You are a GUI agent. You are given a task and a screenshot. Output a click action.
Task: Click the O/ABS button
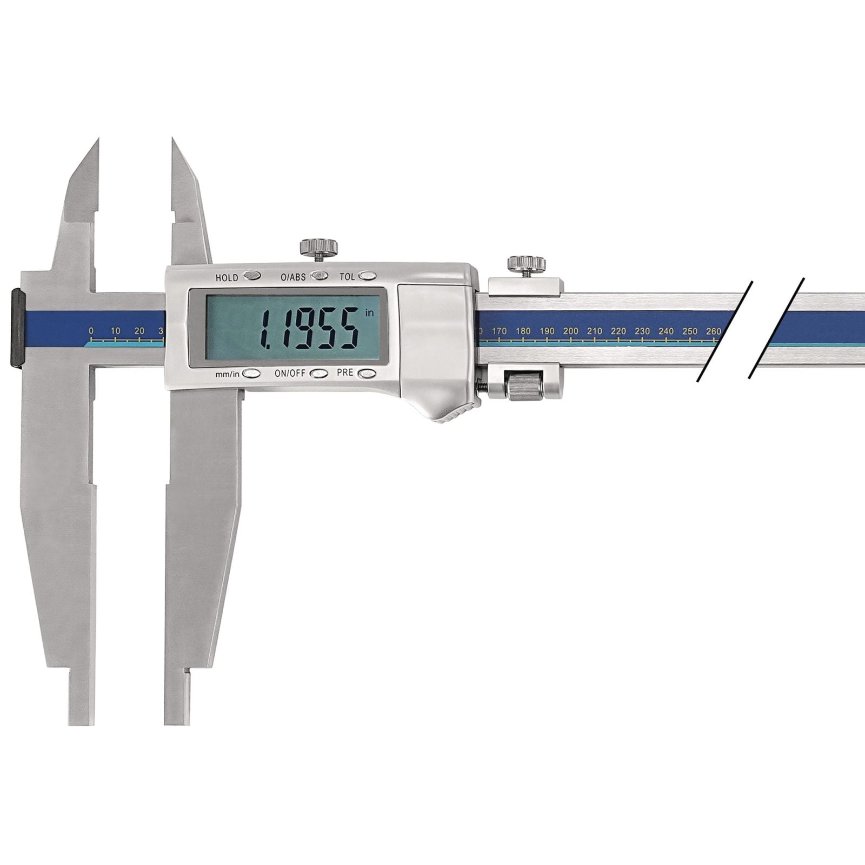point(320,276)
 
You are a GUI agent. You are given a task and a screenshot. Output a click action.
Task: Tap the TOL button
point(368,276)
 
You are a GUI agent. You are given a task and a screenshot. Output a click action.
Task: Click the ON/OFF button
point(319,373)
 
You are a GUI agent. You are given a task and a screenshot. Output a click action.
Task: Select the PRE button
point(367,373)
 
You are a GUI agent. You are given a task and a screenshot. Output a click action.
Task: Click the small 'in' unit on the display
point(370,313)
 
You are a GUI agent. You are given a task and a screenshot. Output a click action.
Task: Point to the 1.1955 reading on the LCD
point(309,328)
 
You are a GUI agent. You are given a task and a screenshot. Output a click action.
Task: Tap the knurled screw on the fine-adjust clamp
point(526,265)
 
